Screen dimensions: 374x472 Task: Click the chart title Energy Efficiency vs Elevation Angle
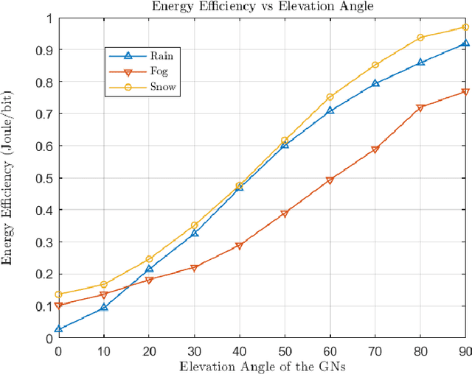click(261, 7)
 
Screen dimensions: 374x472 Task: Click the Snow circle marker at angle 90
click(465, 27)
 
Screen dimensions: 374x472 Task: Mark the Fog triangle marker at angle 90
click(465, 92)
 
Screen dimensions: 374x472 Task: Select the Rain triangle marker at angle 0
click(59, 328)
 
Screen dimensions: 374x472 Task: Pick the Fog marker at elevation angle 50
click(285, 214)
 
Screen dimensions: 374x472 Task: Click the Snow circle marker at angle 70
click(375, 65)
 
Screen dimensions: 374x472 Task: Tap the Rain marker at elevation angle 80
click(420, 63)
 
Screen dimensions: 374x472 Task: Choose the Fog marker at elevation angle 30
click(195, 269)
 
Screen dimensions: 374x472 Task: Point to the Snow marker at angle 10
click(104, 284)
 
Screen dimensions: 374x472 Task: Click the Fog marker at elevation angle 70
click(375, 149)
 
